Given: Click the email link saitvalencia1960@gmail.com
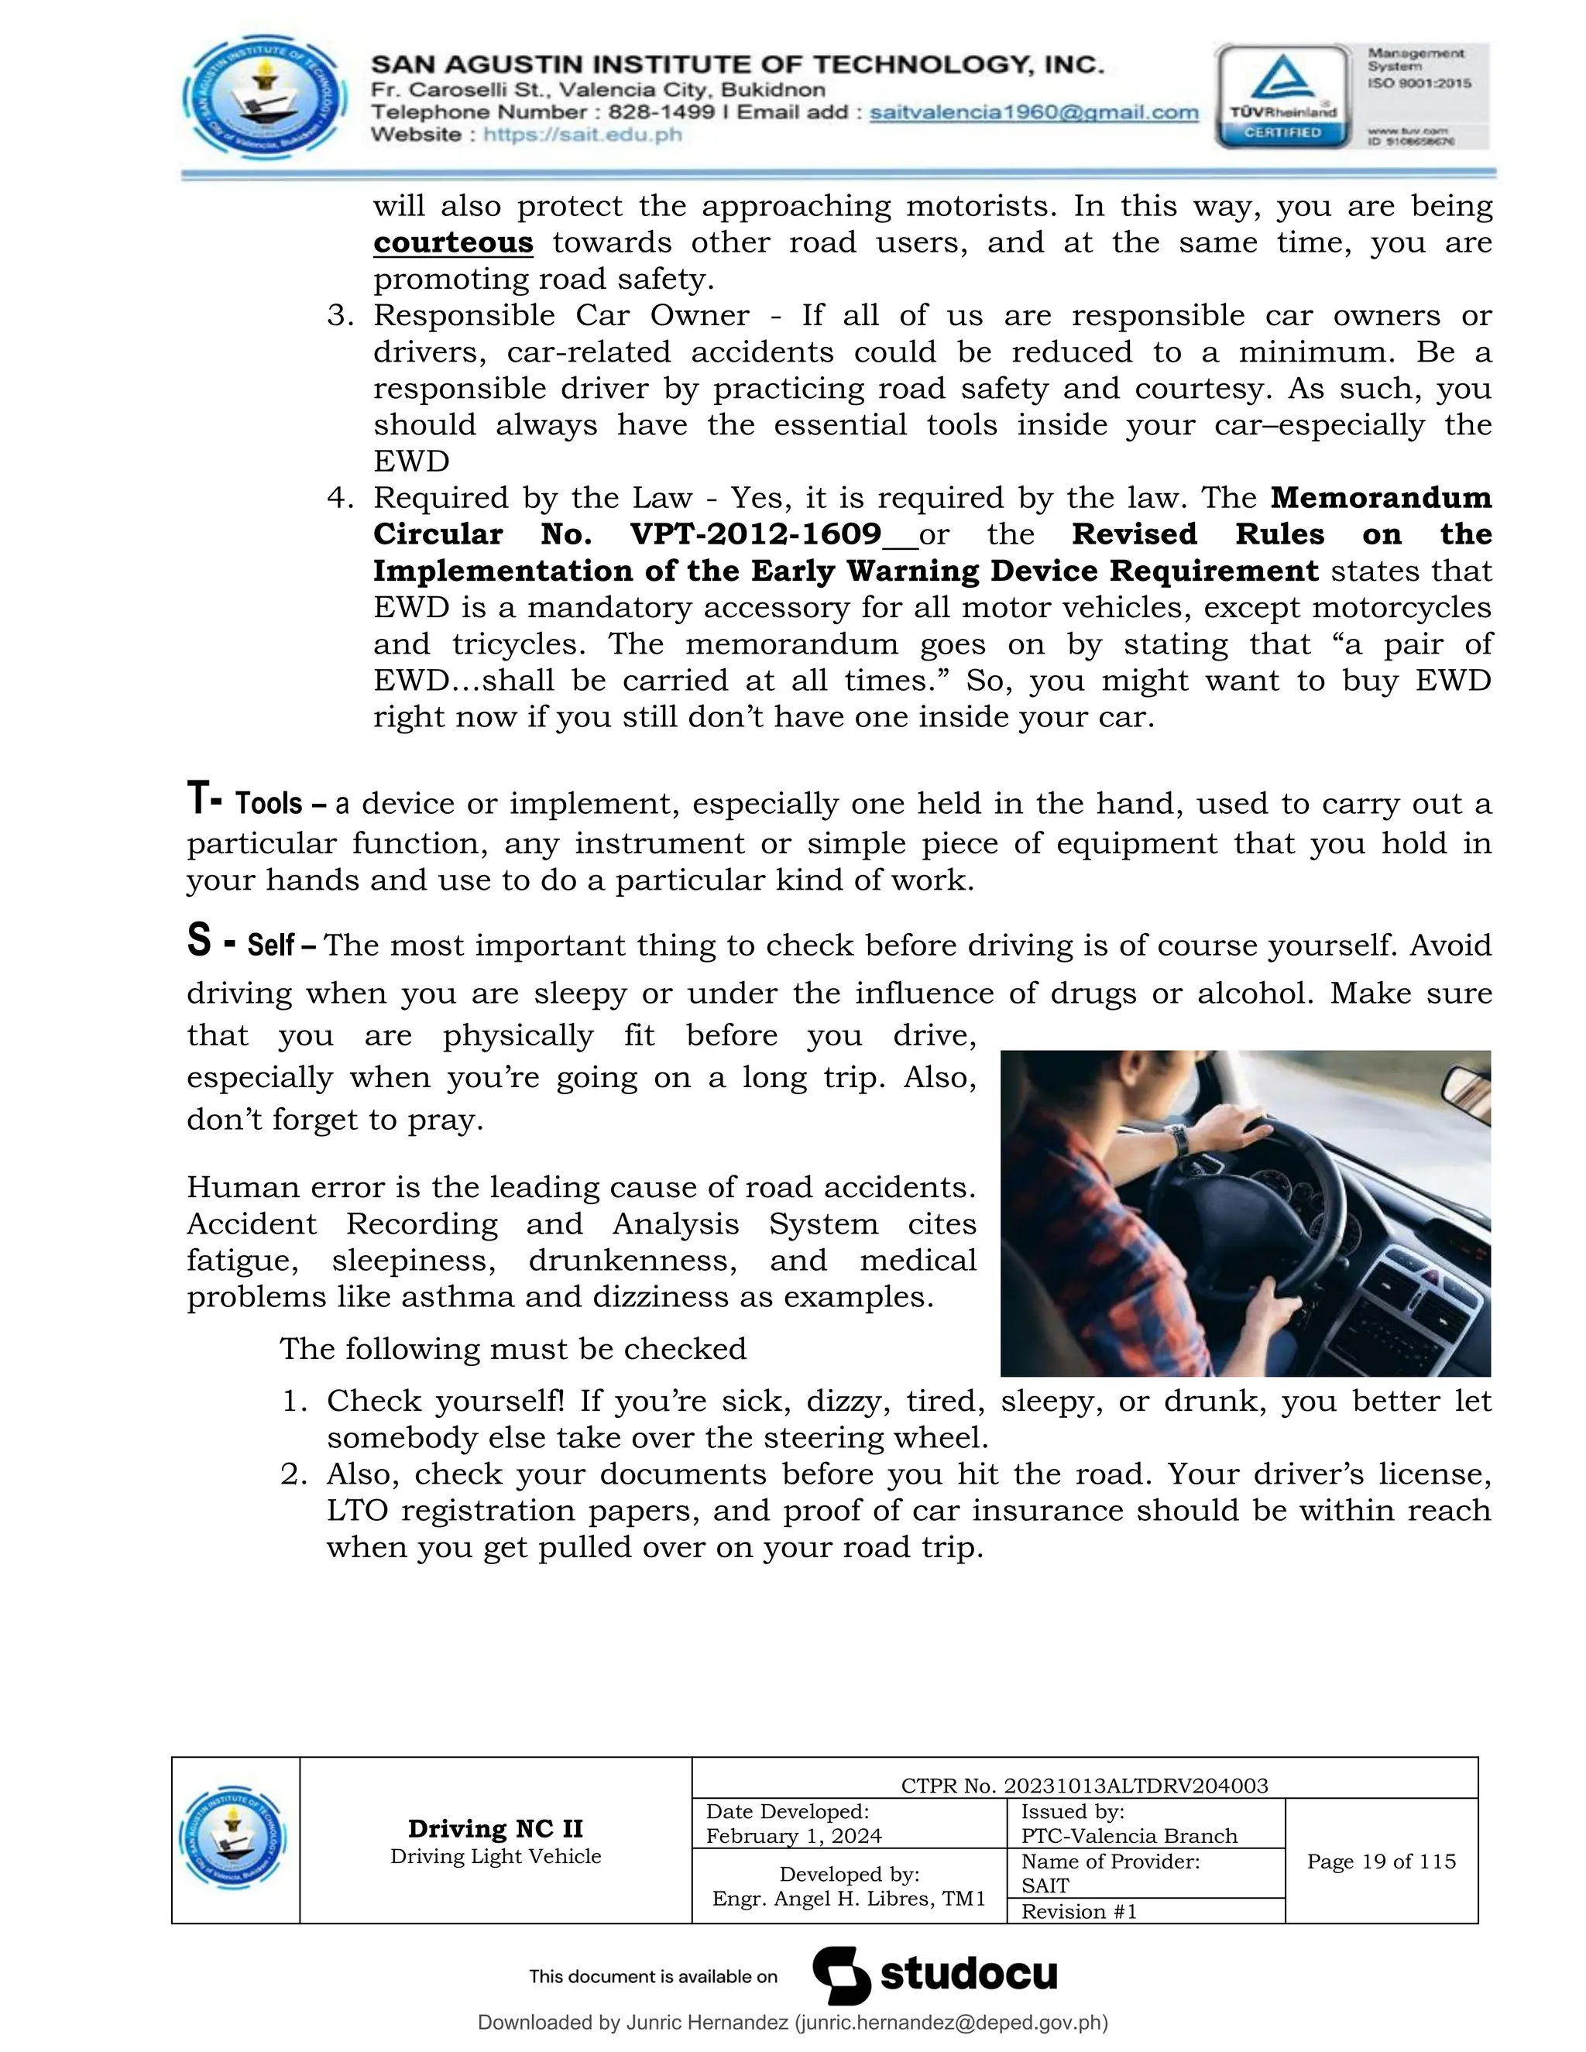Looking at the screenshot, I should (x=1034, y=113).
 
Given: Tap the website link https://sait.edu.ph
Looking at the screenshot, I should (x=582, y=135).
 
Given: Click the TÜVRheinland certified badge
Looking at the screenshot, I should (x=1282, y=97).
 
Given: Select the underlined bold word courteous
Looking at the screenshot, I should (x=453, y=242).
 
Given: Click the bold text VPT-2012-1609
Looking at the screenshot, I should (x=755, y=534).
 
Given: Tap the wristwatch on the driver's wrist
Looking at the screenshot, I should (x=1179, y=1140).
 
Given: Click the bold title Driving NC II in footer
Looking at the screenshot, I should (x=495, y=1828).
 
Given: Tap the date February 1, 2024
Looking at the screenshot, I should (x=794, y=1836).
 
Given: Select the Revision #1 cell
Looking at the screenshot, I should (x=1079, y=1911).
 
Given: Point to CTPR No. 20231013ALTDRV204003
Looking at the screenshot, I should (x=1084, y=1785).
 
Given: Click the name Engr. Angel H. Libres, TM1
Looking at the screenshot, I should (x=849, y=1898).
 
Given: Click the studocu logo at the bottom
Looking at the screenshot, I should (x=935, y=1975).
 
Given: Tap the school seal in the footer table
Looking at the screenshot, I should (x=234, y=1839).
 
